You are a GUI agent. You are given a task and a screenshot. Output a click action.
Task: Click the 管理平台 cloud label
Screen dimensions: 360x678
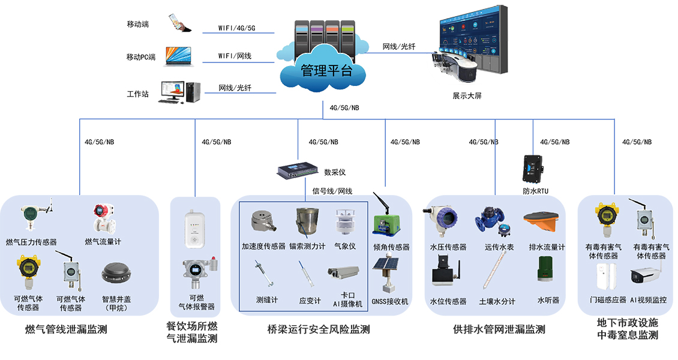[x=326, y=70]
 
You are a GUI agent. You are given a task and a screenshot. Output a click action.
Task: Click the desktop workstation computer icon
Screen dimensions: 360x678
[x=179, y=92]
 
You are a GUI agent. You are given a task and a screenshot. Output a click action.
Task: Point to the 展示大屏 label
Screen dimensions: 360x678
[x=467, y=95]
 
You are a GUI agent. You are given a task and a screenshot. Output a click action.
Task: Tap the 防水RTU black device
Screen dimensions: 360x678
[x=533, y=169]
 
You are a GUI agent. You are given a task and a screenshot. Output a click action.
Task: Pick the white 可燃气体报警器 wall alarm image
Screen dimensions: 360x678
[x=193, y=229]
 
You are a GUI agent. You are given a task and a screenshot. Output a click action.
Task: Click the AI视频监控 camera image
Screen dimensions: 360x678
[x=647, y=272]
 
